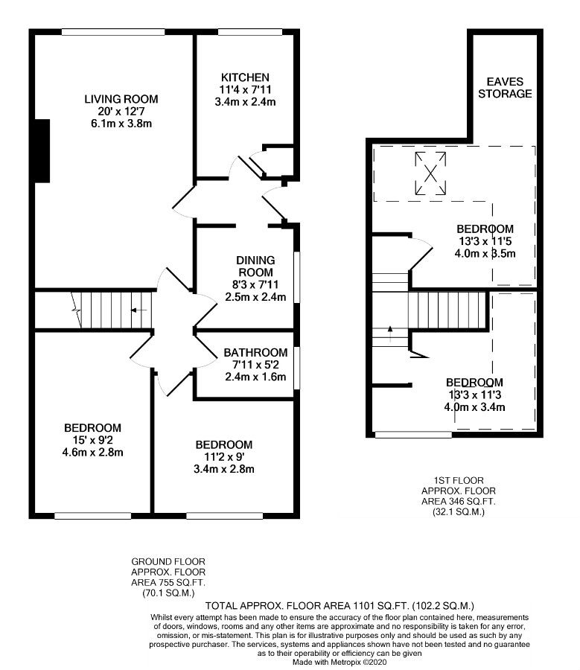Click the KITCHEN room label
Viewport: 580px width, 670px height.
[245, 77]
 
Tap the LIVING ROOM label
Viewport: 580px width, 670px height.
[121, 99]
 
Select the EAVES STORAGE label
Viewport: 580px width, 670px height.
[505, 88]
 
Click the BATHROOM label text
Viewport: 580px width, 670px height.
[255, 353]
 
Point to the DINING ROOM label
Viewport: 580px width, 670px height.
[255, 267]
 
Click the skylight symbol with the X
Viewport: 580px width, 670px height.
[430, 173]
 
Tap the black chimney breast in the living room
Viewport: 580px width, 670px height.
[42, 151]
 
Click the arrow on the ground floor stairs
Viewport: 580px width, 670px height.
[138, 310]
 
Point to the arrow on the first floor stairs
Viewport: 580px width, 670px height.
[390, 334]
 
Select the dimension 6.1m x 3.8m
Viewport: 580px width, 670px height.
[121, 124]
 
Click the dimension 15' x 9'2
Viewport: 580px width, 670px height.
[93, 440]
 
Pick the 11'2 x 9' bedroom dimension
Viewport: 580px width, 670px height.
[224, 457]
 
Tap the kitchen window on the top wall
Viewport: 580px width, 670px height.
[250, 31]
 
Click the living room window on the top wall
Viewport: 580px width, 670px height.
[113, 31]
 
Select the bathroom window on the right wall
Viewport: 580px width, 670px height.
[296, 368]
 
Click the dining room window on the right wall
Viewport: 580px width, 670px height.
[296, 278]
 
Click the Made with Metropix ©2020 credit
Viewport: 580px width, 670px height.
[340, 662]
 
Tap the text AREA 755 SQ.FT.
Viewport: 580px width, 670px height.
[168, 582]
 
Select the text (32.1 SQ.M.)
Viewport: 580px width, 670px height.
[459, 512]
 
